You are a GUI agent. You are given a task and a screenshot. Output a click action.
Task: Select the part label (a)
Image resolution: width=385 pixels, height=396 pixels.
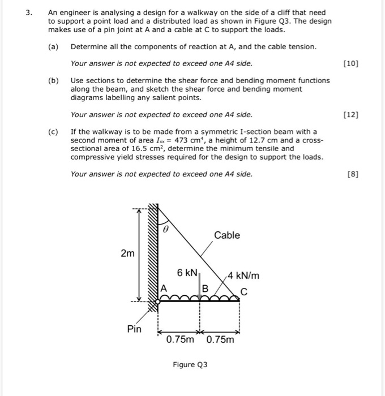click(x=53, y=46)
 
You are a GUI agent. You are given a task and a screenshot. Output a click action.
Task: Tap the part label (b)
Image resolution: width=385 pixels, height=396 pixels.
click(x=53, y=80)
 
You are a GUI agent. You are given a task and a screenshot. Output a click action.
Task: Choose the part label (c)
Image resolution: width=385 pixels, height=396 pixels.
click(x=53, y=131)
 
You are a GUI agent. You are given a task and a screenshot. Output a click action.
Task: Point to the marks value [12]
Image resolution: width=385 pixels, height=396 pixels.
click(x=351, y=115)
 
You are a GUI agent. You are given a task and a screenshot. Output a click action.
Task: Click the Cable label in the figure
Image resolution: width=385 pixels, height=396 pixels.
click(x=226, y=235)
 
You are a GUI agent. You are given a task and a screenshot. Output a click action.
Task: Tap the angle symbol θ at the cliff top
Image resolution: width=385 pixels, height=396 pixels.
click(x=166, y=230)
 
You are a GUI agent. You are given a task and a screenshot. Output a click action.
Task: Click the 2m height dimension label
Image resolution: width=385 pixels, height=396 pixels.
click(x=127, y=253)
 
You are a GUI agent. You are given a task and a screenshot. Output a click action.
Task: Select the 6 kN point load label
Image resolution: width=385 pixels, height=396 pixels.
click(x=187, y=273)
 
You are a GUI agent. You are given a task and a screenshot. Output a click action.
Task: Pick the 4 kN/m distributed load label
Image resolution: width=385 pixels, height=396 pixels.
click(x=244, y=276)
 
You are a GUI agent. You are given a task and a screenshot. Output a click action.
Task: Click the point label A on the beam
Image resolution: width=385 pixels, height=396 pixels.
click(x=165, y=287)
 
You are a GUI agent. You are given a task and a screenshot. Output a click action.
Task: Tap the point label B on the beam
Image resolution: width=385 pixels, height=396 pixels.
click(x=206, y=288)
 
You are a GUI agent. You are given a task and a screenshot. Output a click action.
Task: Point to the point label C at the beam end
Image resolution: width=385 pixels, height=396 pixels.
click(x=244, y=292)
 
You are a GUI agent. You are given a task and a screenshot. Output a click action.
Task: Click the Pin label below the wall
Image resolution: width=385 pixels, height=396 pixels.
click(x=134, y=329)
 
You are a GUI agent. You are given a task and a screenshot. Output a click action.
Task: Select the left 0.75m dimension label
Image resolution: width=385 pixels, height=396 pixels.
click(x=180, y=340)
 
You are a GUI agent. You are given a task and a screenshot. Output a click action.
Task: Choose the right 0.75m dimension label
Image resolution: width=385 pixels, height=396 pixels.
click(x=220, y=340)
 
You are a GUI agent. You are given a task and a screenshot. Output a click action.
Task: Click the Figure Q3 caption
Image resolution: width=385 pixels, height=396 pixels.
click(x=190, y=364)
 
